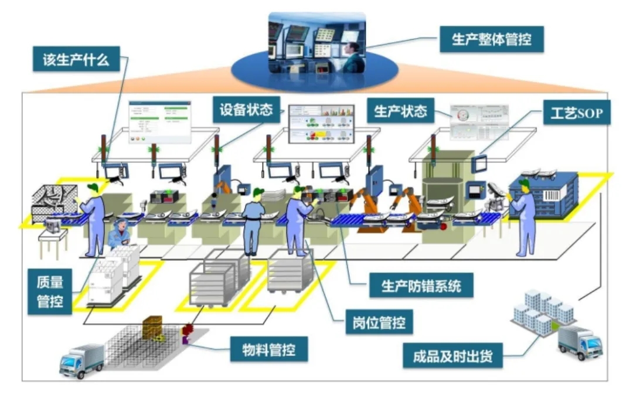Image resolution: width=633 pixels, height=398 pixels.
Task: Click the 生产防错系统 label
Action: (421, 286)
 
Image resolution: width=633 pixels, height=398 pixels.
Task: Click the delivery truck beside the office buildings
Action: (579, 342)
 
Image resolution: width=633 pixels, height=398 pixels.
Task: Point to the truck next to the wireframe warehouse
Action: (81, 359)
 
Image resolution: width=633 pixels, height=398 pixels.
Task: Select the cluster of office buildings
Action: (542, 312)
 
